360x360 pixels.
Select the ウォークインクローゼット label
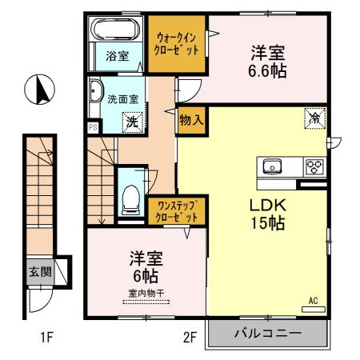[x=176, y=42]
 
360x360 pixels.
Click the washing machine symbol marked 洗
[x=130, y=122]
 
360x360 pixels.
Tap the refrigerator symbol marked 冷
[x=314, y=118]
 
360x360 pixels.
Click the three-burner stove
[x=313, y=166]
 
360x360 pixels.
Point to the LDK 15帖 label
[x=264, y=213]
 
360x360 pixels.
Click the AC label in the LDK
[x=314, y=301]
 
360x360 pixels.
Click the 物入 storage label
[x=191, y=120]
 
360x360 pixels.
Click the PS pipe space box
[x=93, y=126]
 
